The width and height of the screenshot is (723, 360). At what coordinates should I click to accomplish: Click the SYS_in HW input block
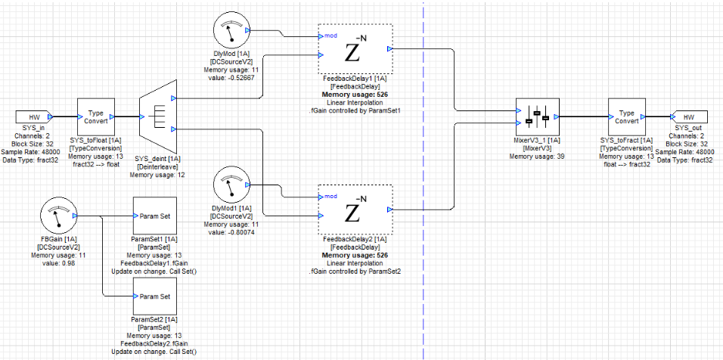point(34,117)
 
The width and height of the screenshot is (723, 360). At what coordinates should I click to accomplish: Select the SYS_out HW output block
point(688,117)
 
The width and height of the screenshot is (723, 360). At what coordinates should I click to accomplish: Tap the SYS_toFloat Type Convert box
point(95,117)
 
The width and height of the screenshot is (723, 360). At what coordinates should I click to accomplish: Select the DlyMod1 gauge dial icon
point(232,185)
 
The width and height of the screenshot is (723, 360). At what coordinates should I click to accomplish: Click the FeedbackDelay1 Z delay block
point(355,49)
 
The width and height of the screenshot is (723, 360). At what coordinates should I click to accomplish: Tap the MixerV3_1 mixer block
point(536,117)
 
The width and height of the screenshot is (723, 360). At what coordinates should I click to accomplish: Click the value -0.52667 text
point(232,77)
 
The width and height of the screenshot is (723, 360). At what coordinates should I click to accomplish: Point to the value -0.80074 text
point(232,232)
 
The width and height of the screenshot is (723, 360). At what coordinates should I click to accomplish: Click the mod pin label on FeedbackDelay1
point(331,36)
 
